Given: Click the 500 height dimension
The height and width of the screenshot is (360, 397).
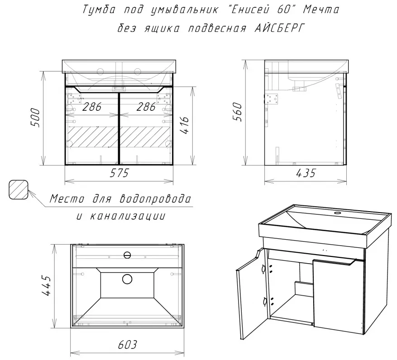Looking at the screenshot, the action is [x=35, y=118].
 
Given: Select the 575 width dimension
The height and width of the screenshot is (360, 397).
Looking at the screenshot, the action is [x=119, y=173].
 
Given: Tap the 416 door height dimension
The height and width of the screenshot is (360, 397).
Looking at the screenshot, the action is [x=185, y=126].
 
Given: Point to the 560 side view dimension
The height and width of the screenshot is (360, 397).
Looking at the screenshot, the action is [x=238, y=112].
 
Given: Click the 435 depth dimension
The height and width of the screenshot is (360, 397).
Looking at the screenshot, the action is [x=306, y=173].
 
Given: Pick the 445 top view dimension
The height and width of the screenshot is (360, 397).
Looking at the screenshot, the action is [x=46, y=286].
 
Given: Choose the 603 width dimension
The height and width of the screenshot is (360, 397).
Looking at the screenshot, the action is [x=127, y=345].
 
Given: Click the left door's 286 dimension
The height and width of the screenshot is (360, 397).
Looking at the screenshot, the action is [x=92, y=107].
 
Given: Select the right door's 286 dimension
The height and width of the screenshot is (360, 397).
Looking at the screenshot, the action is [x=146, y=107].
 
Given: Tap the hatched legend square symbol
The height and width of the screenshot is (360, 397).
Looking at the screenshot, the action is [x=18, y=189].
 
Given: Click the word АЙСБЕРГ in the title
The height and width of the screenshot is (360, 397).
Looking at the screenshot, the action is [x=278, y=28].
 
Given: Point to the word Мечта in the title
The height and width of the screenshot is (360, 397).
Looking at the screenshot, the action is [x=321, y=10].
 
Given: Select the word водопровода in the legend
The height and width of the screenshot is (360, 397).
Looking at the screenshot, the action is [x=155, y=199].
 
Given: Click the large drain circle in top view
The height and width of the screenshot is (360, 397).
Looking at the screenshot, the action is [x=127, y=279].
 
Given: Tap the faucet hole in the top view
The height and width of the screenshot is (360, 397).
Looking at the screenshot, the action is [x=127, y=255].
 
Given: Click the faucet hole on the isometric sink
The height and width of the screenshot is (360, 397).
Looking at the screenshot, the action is [x=337, y=213].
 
